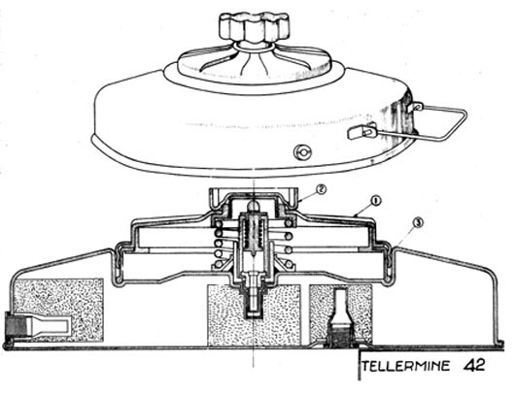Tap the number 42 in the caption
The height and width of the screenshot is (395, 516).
click(474, 365)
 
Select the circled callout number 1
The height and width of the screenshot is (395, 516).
click(375, 201)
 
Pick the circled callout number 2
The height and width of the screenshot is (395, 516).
click(321, 189)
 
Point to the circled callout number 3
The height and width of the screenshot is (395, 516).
click(418, 224)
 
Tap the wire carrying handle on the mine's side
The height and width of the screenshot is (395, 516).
click(439, 121)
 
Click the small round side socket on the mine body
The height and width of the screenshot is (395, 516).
click(302, 151)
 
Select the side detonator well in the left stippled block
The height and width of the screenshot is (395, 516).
click(50, 325)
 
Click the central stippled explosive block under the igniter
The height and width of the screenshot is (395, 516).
click(254, 315)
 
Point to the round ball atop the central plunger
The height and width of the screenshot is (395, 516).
click(254, 208)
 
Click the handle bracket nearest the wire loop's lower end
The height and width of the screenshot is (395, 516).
click(361, 131)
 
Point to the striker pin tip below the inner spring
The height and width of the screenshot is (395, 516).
click(254, 254)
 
